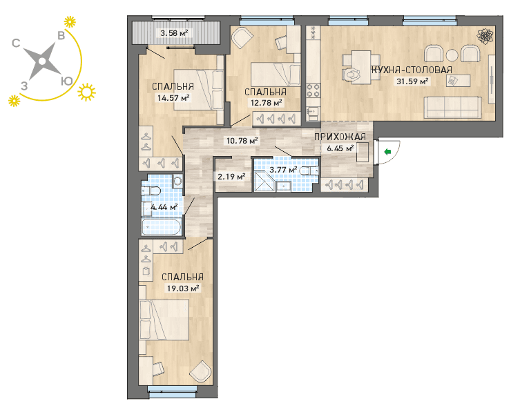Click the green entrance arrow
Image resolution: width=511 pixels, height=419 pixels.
pos(387,151)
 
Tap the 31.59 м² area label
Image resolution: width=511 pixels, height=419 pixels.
pos(412,81)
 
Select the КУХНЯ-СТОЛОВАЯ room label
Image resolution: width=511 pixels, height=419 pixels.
pos(412,70)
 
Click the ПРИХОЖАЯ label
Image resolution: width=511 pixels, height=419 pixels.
pos(340,137)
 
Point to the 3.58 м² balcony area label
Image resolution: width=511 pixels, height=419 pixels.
pos(174,33)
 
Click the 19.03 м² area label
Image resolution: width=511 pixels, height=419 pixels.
pos(183,289)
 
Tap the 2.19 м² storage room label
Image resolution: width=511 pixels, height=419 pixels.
pos(231,177)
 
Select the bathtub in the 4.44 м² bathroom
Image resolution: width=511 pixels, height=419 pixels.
pos(162,227)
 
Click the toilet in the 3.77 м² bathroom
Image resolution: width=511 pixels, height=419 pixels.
pos(309,170)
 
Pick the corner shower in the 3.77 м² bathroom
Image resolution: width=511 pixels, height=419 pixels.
pos(264,182)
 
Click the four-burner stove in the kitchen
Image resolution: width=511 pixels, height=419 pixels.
pos(314,90)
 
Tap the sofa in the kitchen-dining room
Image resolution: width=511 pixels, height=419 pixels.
pos(453,107)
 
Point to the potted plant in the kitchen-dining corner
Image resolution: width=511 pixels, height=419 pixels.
pos(485,36)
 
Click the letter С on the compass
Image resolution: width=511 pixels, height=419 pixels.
pos(16,43)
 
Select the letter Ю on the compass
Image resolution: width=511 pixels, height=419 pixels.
pos(67,81)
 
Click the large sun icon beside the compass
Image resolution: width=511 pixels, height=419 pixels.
pos(87,92)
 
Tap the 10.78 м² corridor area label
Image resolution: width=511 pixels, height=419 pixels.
pos(242,141)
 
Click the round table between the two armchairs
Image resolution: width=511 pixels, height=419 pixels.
pos(452,55)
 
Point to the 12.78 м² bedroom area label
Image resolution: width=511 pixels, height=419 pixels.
pos(267,104)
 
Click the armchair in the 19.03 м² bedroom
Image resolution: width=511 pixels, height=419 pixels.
pos(200,371)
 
